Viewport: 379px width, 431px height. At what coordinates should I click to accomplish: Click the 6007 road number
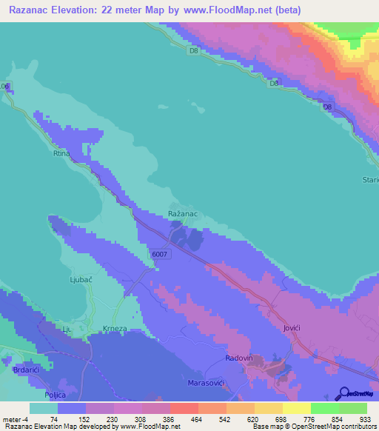(161, 254)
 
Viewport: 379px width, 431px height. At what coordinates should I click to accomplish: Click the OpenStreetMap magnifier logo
(343, 393)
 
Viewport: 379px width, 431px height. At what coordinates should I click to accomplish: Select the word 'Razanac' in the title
(34, 10)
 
